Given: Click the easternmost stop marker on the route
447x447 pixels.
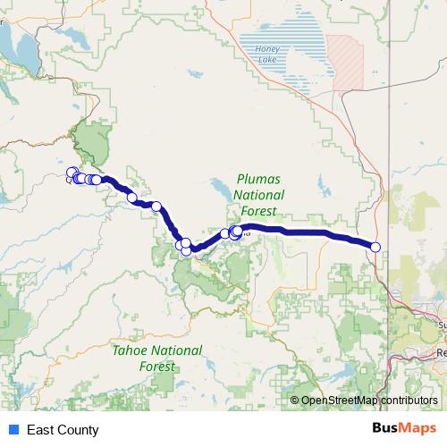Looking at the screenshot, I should (375, 247).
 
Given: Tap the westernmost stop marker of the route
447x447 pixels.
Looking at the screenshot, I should (72, 173).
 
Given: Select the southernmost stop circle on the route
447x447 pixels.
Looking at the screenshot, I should (186, 250).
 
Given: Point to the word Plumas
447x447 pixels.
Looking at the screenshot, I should (258, 179).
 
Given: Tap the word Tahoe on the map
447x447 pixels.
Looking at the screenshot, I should (129, 350).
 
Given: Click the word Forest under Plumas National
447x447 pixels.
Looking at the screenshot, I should (258, 211).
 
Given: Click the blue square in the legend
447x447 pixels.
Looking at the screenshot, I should (14, 430).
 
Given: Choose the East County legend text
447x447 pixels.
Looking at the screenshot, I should (63, 430).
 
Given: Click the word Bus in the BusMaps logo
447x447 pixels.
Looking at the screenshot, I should (386, 429).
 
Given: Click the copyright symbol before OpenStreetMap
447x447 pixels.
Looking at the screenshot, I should (296, 401).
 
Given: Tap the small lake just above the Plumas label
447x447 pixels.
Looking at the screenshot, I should (219, 190).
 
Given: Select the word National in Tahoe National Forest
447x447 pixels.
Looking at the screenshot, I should (175, 350).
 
